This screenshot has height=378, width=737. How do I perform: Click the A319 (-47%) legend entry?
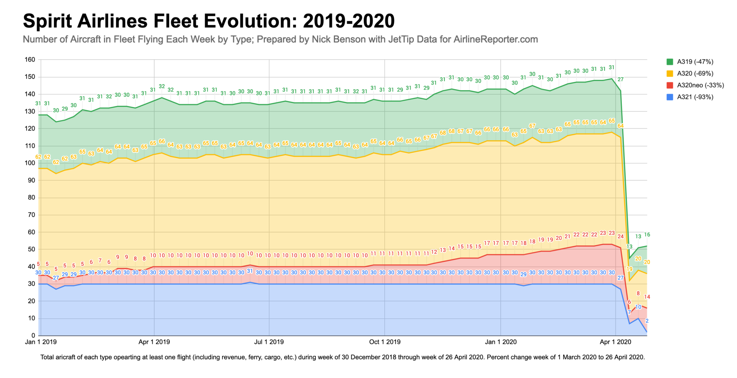[695, 62]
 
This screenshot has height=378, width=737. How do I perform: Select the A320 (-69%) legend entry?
[695, 73]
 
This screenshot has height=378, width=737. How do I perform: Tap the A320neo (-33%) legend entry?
[700, 85]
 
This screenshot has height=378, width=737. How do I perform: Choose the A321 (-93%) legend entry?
[695, 97]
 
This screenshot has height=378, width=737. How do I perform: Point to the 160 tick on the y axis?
[30, 60]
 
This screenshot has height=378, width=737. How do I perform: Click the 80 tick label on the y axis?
[31, 197]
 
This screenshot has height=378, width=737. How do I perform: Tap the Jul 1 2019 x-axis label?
[269, 342]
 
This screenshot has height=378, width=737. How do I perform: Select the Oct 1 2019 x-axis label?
[384, 342]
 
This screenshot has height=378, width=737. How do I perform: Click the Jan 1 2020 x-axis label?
[500, 342]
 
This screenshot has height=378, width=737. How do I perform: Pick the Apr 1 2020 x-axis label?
[615, 342]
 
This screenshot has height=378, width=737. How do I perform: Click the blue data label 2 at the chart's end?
[647, 321]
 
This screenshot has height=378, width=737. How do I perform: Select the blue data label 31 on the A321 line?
[250, 271]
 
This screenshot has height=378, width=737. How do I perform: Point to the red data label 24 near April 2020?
[620, 236]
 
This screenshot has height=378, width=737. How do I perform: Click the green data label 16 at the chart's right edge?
[647, 234]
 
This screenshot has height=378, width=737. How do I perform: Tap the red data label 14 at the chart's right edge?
[647, 297]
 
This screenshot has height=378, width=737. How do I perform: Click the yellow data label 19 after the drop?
[629, 269]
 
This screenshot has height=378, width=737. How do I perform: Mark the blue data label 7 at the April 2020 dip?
[629, 312]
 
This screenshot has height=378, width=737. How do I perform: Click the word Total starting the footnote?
[48, 357]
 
